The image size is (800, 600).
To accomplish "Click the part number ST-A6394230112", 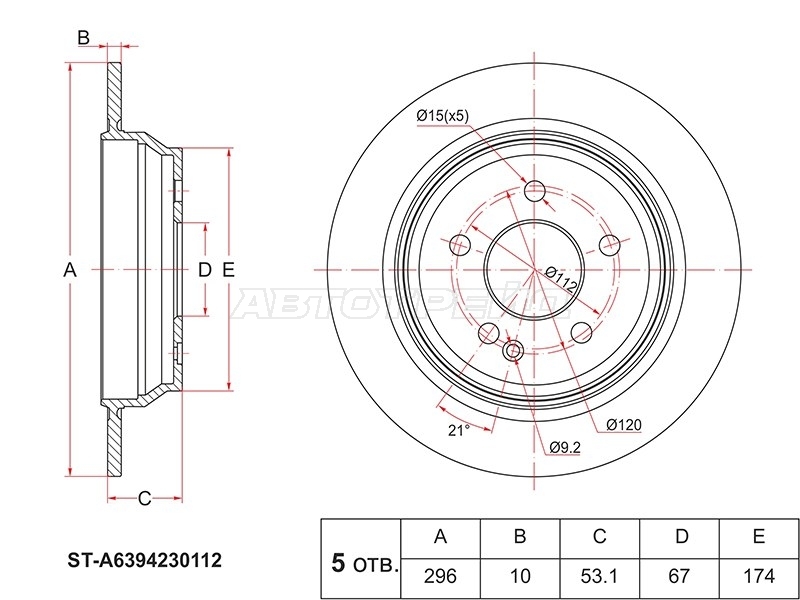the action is (x=145, y=561).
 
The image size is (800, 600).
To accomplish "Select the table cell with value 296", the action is (x=441, y=576).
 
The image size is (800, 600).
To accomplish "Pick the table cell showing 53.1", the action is (x=599, y=576).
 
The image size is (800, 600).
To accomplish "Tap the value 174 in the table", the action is (x=759, y=576).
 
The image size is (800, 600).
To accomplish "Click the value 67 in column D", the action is (x=679, y=576).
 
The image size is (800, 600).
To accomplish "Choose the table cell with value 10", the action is (x=520, y=576).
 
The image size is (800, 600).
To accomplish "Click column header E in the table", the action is (x=759, y=537).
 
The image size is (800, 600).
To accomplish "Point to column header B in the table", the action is (x=520, y=537).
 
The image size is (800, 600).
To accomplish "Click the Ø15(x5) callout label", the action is (x=442, y=116).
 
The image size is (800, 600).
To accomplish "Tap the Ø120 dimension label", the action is (x=624, y=424).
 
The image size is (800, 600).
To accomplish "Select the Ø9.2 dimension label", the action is (x=565, y=448).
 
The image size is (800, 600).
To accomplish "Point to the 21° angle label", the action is (x=459, y=431).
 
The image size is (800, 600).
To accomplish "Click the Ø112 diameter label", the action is (x=561, y=280).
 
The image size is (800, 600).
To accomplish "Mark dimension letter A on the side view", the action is (x=70, y=270).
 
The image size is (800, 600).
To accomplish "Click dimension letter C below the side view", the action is (x=145, y=498).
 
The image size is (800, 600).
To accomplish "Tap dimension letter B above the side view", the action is (x=83, y=38).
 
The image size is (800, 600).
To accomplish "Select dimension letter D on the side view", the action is (x=205, y=270).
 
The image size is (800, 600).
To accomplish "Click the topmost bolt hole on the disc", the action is (x=535, y=191).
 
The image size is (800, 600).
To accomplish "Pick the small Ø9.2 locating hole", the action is (x=513, y=351).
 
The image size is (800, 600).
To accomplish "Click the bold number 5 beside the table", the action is (x=338, y=564).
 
